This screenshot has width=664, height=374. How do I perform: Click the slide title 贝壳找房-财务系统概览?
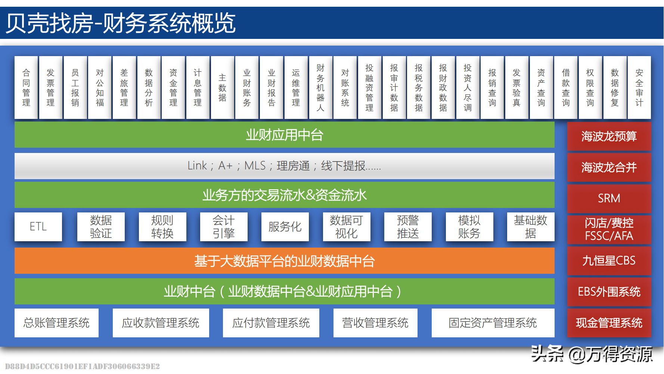tap(121, 23)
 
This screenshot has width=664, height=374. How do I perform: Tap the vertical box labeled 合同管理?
tap(26, 88)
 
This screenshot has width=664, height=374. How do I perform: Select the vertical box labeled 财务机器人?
tap(320, 88)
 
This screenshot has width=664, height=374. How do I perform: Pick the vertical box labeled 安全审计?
tap(639, 88)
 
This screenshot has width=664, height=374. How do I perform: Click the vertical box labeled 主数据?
tap(222, 88)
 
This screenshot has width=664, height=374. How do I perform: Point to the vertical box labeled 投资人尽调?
tap(468, 88)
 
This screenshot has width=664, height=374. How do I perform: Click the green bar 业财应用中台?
tap(284, 135)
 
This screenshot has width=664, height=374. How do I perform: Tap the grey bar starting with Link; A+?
tap(284, 166)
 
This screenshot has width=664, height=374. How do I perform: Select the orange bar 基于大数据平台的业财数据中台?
tap(284, 261)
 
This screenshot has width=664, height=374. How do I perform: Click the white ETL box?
tap(38, 227)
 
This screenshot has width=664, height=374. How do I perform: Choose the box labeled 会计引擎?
tap(223, 227)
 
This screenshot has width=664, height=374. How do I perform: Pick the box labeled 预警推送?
tap(408, 227)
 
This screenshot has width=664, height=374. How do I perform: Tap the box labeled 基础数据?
tap(530, 227)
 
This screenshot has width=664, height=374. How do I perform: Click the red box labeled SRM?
tap(609, 198)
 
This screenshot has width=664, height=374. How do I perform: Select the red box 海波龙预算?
tap(609, 136)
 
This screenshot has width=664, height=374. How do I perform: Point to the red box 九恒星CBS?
tap(609, 261)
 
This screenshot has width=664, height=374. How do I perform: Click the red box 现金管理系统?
tap(609, 323)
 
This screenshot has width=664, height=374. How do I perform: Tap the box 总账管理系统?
tap(56, 323)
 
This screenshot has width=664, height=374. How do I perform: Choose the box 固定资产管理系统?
tap(493, 323)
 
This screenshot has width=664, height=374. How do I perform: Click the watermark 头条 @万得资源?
tap(592, 354)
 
